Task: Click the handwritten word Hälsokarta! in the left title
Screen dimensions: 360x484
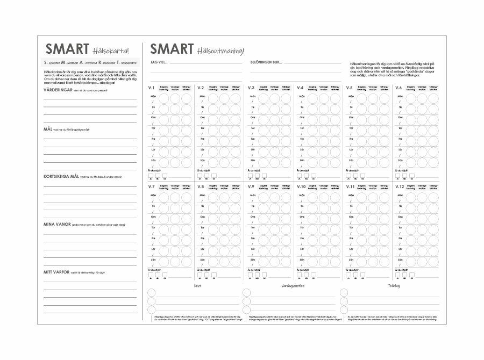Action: tap(111, 51)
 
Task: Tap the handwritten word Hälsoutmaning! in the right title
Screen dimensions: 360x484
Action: tap(220, 51)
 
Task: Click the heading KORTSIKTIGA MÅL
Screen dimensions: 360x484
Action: tap(61, 176)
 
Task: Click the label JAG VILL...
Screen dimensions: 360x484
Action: tap(159, 62)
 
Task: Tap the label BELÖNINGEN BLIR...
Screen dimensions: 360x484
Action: tap(266, 62)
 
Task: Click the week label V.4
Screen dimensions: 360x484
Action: tap(300, 88)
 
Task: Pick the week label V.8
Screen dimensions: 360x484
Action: tap(201, 186)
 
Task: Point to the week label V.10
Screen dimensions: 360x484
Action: tap(301, 186)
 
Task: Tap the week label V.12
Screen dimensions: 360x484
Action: tap(400, 186)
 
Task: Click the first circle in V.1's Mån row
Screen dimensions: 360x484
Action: tap(164, 98)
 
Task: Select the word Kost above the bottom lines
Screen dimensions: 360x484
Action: tap(197, 286)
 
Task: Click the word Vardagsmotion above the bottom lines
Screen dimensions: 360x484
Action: tap(293, 286)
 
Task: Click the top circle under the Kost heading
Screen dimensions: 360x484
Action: tap(152, 293)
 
